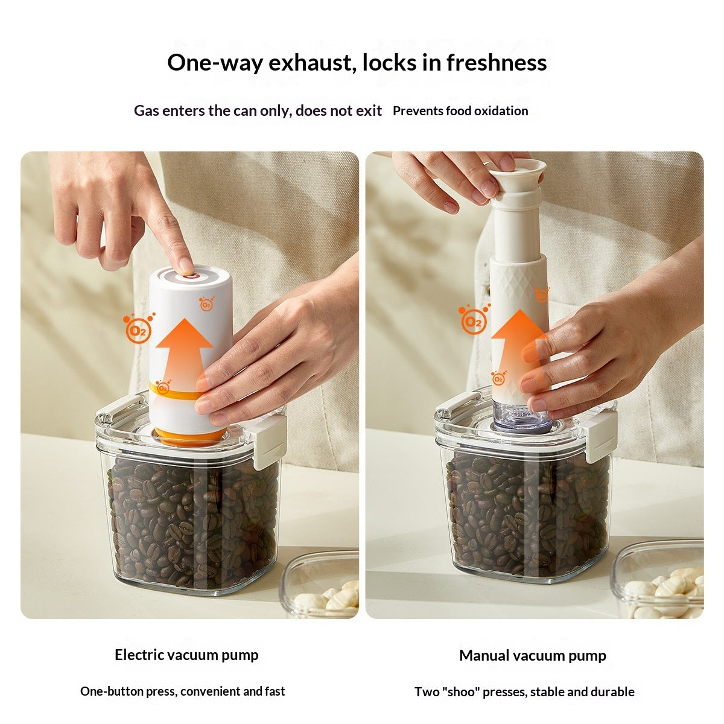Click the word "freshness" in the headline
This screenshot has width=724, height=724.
(x=497, y=62)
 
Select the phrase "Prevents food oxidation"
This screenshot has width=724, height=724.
(x=460, y=111)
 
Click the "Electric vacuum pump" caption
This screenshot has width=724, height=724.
(x=186, y=655)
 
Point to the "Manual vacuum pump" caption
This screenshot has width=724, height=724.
(x=532, y=655)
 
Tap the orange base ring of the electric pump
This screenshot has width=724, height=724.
(x=191, y=436)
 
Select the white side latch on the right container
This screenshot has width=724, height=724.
(x=600, y=434)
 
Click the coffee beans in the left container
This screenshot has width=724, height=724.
(x=192, y=522)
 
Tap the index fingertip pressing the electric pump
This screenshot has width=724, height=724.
(x=185, y=264)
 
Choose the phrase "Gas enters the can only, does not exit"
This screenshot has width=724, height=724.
(x=258, y=111)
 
